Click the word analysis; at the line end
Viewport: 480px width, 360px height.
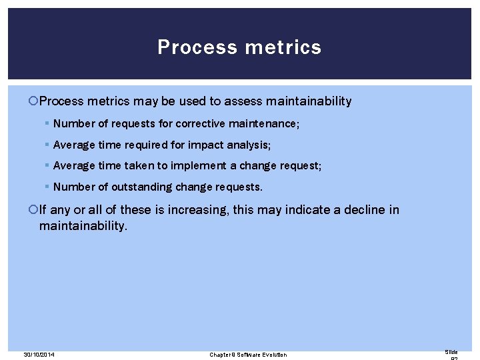[x=247, y=145]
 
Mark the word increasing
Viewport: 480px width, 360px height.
[x=198, y=210]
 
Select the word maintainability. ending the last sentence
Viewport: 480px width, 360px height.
[x=83, y=226]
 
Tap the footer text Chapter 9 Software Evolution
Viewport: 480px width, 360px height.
[x=248, y=355]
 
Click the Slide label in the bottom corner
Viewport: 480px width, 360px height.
[x=451, y=351]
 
